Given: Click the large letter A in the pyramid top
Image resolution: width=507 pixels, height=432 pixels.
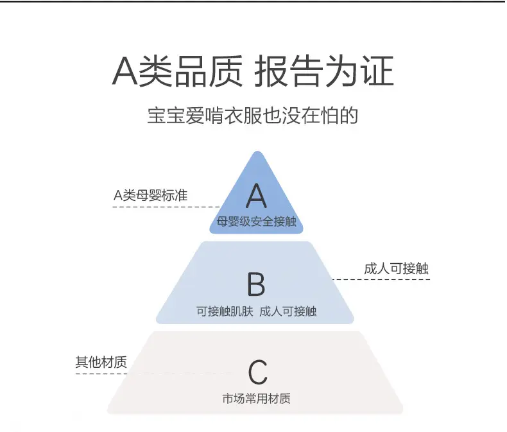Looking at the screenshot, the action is coord(257,196).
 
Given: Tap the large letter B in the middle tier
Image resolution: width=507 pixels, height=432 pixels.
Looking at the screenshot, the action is coord(256,284).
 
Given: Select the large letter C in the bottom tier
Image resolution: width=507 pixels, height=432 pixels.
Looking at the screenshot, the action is coord(258,372).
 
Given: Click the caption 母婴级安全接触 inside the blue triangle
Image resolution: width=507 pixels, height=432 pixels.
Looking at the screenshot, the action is coord(257,221).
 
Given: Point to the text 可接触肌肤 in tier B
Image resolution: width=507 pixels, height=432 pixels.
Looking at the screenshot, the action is coord(225,311).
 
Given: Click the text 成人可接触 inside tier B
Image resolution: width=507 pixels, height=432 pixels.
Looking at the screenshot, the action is coord(288,311).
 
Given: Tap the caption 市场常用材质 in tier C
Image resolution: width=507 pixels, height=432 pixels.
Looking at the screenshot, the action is coord(257,399).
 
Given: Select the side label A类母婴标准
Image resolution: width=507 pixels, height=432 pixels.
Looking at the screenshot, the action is coord(150,195).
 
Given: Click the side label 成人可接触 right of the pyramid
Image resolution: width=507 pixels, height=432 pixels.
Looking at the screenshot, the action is coord(396,269).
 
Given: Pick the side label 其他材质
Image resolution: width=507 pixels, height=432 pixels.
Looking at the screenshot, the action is coord(101,362).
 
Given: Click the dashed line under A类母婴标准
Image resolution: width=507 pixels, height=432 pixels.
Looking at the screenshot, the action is coord(166,207).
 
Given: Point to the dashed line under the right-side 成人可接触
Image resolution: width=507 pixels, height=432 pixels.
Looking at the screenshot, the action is coord(381,279).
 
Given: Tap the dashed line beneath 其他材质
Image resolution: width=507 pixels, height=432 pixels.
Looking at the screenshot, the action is coord(153,374).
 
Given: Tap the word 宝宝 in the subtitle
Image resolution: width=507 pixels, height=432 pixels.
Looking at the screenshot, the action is coord(166,116).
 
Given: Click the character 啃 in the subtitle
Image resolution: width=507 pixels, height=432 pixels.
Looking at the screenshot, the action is coord(214,116).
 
